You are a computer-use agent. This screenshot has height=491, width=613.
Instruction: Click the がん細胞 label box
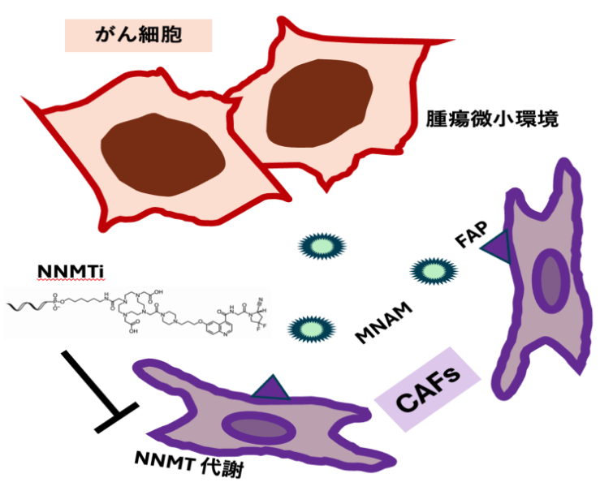138,35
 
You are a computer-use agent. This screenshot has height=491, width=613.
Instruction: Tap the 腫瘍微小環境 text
492,119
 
